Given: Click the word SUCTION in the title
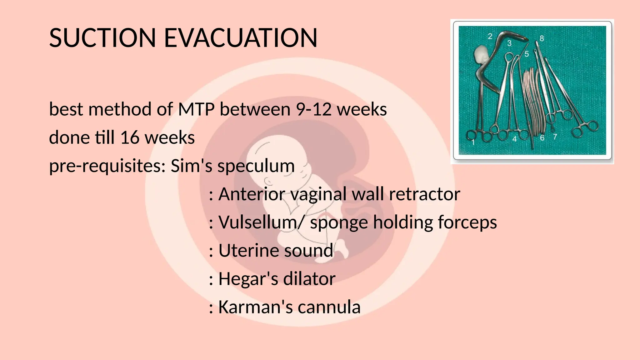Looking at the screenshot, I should (x=102, y=38).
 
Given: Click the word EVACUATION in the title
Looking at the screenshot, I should (x=241, y=38).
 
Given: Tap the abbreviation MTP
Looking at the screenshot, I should (x=196, y=110).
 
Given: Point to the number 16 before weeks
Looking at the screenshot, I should (x=130, y=138).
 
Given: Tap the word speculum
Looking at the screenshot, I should (x=256, y=166).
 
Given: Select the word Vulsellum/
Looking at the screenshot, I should (x=261, y=222).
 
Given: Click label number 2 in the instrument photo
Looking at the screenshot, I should (x=490, y=37).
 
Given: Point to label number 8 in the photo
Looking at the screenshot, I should (x=542, y=38).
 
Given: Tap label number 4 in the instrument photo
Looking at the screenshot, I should (x=514, y=139).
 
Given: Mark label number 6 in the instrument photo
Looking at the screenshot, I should (x=542, y=137).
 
